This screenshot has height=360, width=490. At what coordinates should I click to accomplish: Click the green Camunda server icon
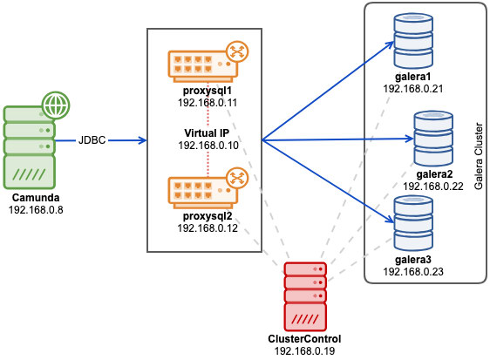(30, 146)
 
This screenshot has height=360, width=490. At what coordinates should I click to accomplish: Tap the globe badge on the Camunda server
(56, 105)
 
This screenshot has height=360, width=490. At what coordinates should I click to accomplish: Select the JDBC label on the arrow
(92, 140)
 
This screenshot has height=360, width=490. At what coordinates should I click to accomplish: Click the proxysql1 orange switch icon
(203, 66)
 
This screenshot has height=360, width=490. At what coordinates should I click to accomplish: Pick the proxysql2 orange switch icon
(203, 193)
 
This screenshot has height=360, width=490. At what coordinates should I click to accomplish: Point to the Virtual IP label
(207, 133)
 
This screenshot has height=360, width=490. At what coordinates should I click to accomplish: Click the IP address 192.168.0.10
(208, 146)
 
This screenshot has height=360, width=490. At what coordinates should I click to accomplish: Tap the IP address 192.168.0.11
(208, 103)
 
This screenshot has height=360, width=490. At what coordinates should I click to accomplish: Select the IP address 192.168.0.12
(208, 228)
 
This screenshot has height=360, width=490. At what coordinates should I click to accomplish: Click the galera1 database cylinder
(413, 41)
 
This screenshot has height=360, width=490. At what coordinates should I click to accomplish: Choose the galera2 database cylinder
(433, 139)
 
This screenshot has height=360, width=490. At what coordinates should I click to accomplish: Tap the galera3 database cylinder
(413, 223)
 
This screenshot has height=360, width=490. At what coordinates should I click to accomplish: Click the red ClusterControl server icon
(305, 296)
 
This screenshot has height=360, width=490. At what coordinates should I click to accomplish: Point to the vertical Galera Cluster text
(479, 156)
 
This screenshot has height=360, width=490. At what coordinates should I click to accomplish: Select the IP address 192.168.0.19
(304, 351)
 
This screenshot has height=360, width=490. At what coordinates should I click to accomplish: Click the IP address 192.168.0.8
(36, 210)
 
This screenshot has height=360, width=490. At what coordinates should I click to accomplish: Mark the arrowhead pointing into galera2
(410, 139)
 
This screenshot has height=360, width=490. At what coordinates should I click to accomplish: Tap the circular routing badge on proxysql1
(237, 51)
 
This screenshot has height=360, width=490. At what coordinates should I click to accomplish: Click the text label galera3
(413, 260)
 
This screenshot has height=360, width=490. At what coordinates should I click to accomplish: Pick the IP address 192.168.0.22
(433, 187)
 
